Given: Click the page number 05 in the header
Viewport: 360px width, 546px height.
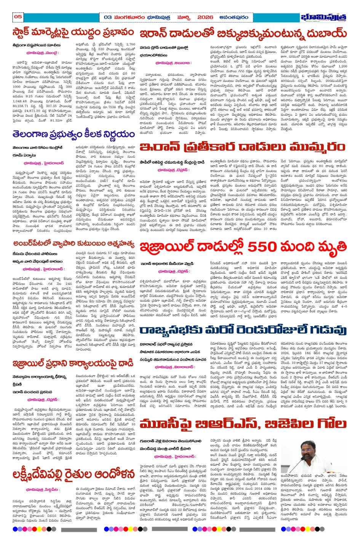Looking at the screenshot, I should tap(18, 16).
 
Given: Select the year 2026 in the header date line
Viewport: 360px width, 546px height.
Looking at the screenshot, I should tap(205, 17).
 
